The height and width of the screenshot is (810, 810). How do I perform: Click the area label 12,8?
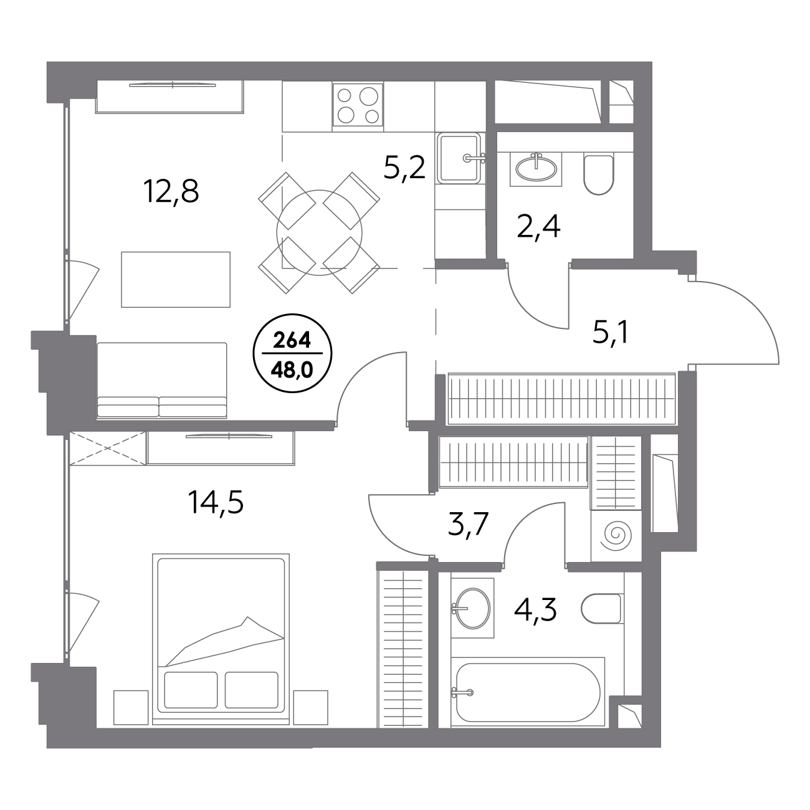point(171,192)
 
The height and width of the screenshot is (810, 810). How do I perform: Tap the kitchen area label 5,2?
point(405,168)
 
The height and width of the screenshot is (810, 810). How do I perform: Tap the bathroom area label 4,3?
point(535,611)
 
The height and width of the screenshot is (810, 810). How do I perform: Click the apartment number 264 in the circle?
point(292,340)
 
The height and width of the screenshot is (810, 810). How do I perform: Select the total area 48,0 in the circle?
point(292,371)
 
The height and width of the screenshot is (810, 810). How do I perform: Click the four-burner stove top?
point(358,105)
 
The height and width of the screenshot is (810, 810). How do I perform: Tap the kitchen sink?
point(460,158)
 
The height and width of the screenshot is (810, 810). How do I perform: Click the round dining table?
point(320,233)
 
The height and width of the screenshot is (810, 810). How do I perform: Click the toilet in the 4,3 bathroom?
point(602,609)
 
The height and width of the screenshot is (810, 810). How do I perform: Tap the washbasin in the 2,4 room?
point(536,169)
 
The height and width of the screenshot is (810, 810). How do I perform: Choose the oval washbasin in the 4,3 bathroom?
point(472,608)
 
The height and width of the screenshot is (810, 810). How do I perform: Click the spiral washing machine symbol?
point(617,535)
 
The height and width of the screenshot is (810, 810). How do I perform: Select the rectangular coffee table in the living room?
point(176,280)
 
